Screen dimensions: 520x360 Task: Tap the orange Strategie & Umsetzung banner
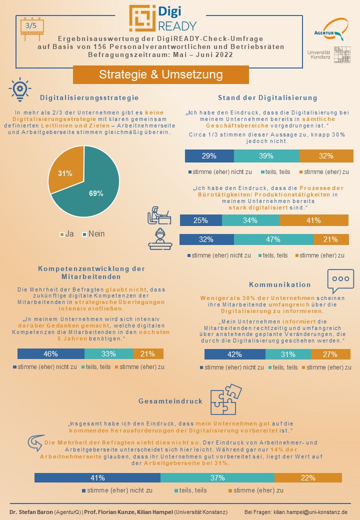point(160,75)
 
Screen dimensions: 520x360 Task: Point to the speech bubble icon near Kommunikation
point(340,280)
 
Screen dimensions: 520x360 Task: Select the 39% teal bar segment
point(266,155)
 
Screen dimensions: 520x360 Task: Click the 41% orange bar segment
point(313,220)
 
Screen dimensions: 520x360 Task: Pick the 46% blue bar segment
point(50,354)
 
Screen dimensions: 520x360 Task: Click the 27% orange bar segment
point(331,354)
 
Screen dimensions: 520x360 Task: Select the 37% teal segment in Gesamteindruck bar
point(217,477)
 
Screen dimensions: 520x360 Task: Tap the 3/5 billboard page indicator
point(31,27)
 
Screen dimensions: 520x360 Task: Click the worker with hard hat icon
point(160,239)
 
